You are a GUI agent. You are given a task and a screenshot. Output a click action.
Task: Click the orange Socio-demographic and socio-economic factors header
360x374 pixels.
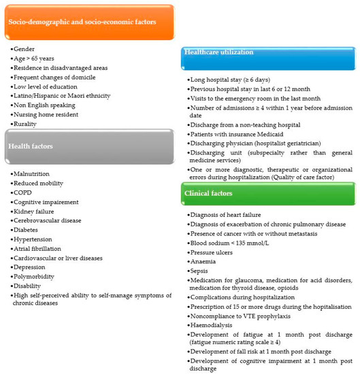coord(88,22)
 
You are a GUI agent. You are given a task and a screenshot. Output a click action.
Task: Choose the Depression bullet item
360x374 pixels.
coord(31,267)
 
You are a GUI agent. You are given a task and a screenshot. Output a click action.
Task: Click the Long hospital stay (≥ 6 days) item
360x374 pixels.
coord(234,80)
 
